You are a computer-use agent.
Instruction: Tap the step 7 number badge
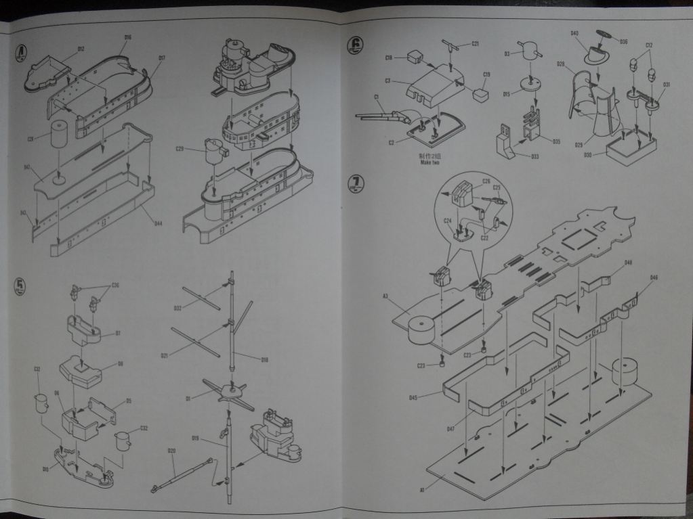[x=356, y=184]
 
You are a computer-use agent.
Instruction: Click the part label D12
[x=81, y=49]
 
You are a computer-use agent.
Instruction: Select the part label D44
[x=158, y=223]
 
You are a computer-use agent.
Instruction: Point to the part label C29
[x=180, y=149]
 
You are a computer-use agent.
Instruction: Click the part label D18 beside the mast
[x=265, y=359]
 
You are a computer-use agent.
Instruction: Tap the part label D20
[x=171, y=451]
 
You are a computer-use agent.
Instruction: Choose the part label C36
[x=115, y=285]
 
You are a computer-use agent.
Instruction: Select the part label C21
[x=475, y=44]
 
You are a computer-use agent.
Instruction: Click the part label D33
[x=535, y=156]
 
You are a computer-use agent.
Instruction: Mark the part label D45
[x=413, y=397]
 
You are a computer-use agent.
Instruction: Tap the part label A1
[x=421, y=489]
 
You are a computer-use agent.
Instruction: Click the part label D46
[x=654, y=277]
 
